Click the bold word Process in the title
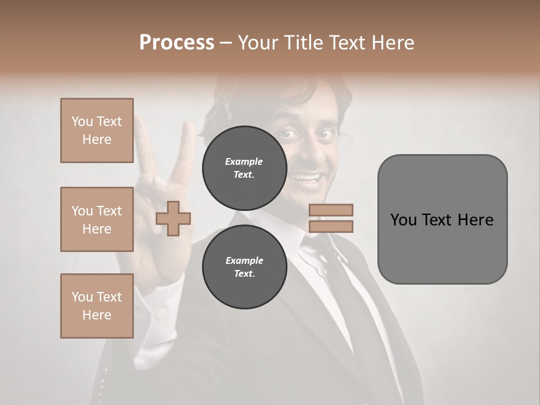pyautogui.click(x=177, y=43)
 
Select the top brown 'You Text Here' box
pyautogui.click(x=97, y=130)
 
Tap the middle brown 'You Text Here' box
pyautogui.click(x=97, y=219)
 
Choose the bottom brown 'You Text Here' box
pyautogui.click(x=97, y=305)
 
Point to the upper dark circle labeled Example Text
pyautogui.click(x=244, y=168)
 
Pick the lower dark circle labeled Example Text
pyautogui.click(x=244, y=267)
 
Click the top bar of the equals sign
pyautogui.click(x=331, y=210)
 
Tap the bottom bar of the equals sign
pyautogui.click(x=331, y=227)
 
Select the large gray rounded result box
pyautogui.click(x=442, y=219)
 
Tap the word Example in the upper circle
pyautogui.click(x=244, y=161)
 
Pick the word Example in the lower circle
pyautogui.click(x=244, y=260)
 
